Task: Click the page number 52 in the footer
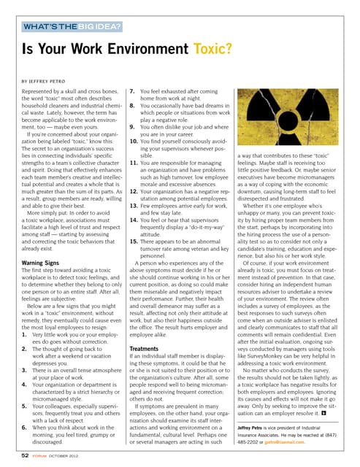click(25, 454)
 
